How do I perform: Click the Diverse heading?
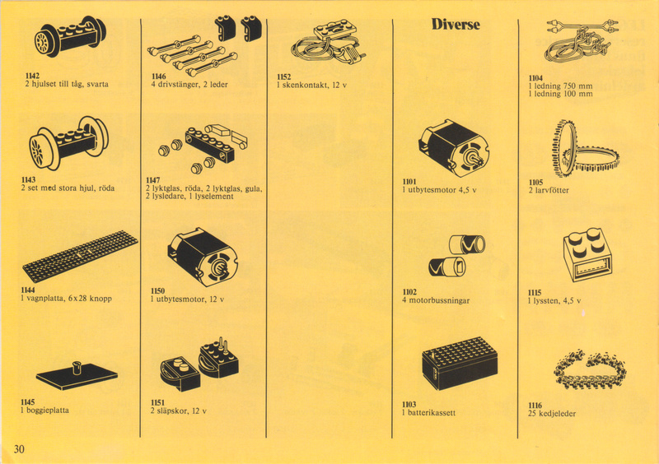pos(456,24)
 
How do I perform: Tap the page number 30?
pos(19,449)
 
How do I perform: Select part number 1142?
pos(32,76)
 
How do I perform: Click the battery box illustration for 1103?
pos(460,364)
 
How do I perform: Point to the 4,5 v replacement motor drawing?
pos(453,148)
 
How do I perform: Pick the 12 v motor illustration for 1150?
pos(203,257)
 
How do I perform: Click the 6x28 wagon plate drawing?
pos(80,255)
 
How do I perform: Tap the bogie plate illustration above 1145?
pos(77,375)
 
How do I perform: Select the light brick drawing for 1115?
pos(588,254)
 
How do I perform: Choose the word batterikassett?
pos(432,413)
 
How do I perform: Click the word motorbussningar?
pos(439,300)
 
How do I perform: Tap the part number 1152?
pos(283,77)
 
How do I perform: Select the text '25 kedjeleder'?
pos(552,414)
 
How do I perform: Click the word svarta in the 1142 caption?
pos(97,84)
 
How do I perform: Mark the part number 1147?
pos(152,180)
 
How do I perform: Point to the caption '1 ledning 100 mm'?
pos(561,94)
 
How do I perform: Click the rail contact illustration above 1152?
pos(327,44)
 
